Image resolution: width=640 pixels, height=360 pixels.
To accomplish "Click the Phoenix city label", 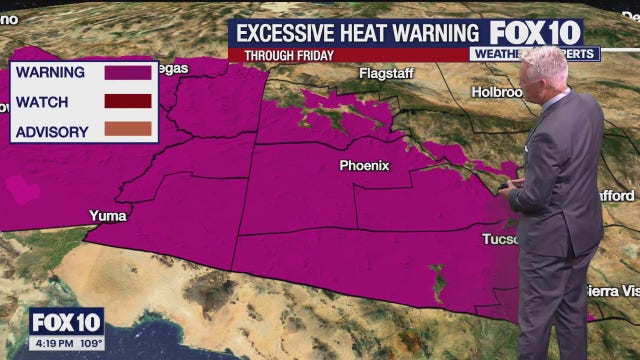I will pyautogui.click(x=364, y=165).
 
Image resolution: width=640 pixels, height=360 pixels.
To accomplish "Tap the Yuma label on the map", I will pyautogui.click(x=109, y=215).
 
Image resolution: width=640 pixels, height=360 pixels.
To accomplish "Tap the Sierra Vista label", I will pyautogui.click(x=611, y=291).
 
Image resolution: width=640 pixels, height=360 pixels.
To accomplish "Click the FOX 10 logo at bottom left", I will pyautogui.click(x=66, y=323).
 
